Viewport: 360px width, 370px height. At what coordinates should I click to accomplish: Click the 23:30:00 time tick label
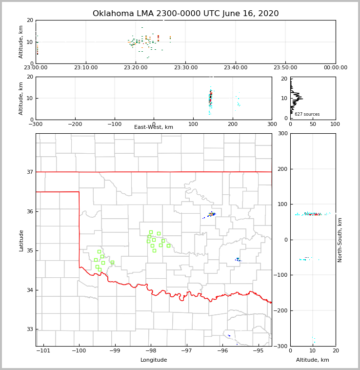coord(186,68)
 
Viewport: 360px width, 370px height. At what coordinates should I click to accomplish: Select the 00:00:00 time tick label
coord(335,68)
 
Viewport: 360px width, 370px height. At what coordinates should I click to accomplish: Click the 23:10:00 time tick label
coord(86,68)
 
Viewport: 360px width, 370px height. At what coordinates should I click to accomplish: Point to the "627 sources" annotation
coord(307,114)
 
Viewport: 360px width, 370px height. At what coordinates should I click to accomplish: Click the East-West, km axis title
coord(154,127)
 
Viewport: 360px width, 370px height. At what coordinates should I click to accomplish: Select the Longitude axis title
coord(154,360)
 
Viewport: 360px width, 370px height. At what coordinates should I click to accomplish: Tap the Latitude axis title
coord(21,240)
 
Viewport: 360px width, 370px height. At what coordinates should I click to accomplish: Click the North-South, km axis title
coord(340,240)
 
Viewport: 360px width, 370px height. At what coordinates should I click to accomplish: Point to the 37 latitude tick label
coord(29,172)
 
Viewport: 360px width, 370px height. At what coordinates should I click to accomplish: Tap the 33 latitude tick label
coord(29,329)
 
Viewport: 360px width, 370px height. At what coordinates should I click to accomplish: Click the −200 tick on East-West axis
coord(75,124)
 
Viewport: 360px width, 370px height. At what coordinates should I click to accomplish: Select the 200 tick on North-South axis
coord(281,169)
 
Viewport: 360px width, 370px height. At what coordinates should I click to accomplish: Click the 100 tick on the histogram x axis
coord(336,124)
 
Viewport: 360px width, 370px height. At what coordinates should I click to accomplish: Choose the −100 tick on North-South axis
coord(280,275)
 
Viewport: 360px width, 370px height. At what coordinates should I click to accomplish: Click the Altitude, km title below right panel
coord(313,360)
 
